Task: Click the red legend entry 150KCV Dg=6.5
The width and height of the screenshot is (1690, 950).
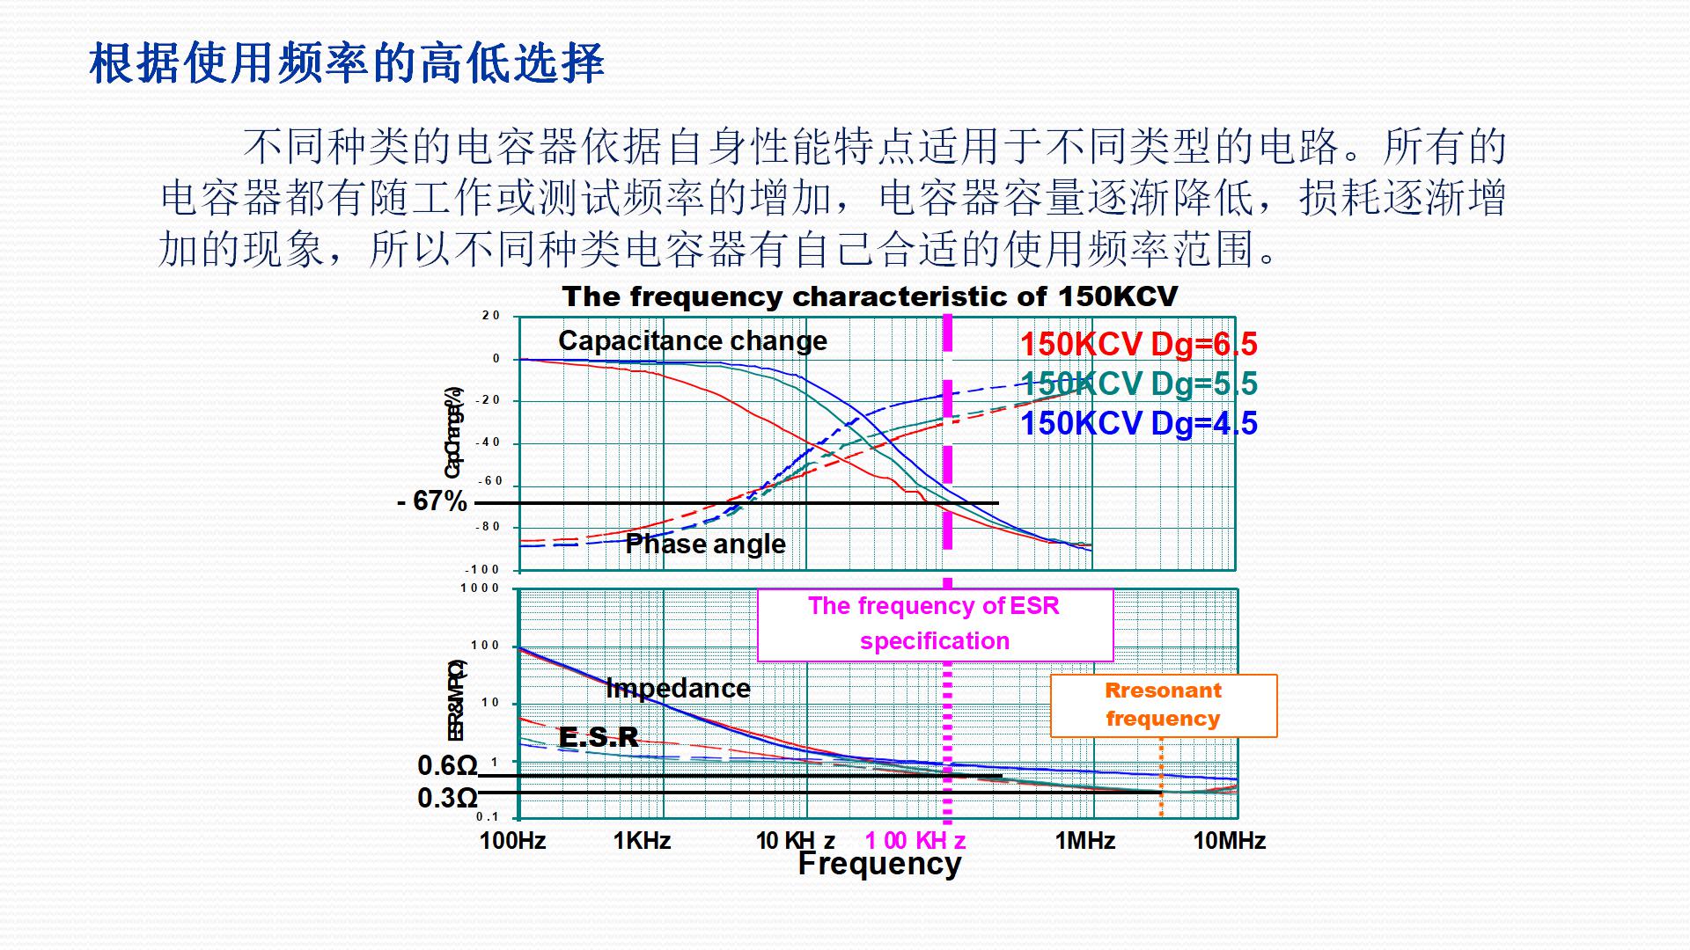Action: coord(1138,344)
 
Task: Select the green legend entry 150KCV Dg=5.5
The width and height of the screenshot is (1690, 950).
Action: coord(1138,384)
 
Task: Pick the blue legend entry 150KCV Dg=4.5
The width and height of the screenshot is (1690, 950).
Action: coord(1138,423)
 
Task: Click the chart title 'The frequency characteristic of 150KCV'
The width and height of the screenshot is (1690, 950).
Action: coord(870,296)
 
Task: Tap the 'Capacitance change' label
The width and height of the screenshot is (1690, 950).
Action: coord(693,340)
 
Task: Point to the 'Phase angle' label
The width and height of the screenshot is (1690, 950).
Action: coord(705,544)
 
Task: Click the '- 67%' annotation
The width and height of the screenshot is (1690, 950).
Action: coord(432,501)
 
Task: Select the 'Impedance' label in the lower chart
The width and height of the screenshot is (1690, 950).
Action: coord(678,688)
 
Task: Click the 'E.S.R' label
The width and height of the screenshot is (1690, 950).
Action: coord(599,737)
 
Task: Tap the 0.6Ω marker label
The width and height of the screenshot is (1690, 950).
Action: coord(447,766)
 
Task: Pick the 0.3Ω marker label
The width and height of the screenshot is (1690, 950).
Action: coord(447,798)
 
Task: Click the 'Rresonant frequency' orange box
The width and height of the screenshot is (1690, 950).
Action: coord(1163,705)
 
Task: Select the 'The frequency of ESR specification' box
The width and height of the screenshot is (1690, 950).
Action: coord(935,624)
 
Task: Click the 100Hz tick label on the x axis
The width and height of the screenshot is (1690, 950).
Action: coord(512,841)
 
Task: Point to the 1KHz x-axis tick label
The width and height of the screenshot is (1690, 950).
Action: coord(642,841)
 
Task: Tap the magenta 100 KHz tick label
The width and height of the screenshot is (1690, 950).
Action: coord(915,841)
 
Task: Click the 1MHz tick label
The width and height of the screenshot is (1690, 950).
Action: coord(1084,841)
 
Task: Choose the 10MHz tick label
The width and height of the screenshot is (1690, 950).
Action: coord(1229,841)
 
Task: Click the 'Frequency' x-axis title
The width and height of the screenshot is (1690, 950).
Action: coord(879,864)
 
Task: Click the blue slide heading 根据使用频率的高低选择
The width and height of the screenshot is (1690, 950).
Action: coord(347,63)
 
